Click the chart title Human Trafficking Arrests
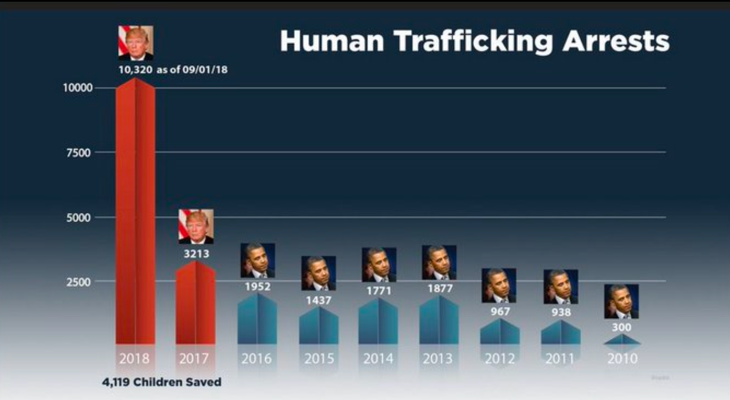coord(475,42)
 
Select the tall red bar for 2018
coord(136,214)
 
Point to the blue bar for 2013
coord(439,320)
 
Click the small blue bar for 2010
coord(622,340)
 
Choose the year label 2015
coord(319,358)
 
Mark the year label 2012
coord(500,358)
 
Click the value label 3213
coord(197,253)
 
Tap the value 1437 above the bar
coord(319,300)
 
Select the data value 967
coord(499,312)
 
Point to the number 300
coord(622,327)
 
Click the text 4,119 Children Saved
coord(162,382)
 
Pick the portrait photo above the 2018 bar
coord(136,43)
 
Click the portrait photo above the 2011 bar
coord(560,287)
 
